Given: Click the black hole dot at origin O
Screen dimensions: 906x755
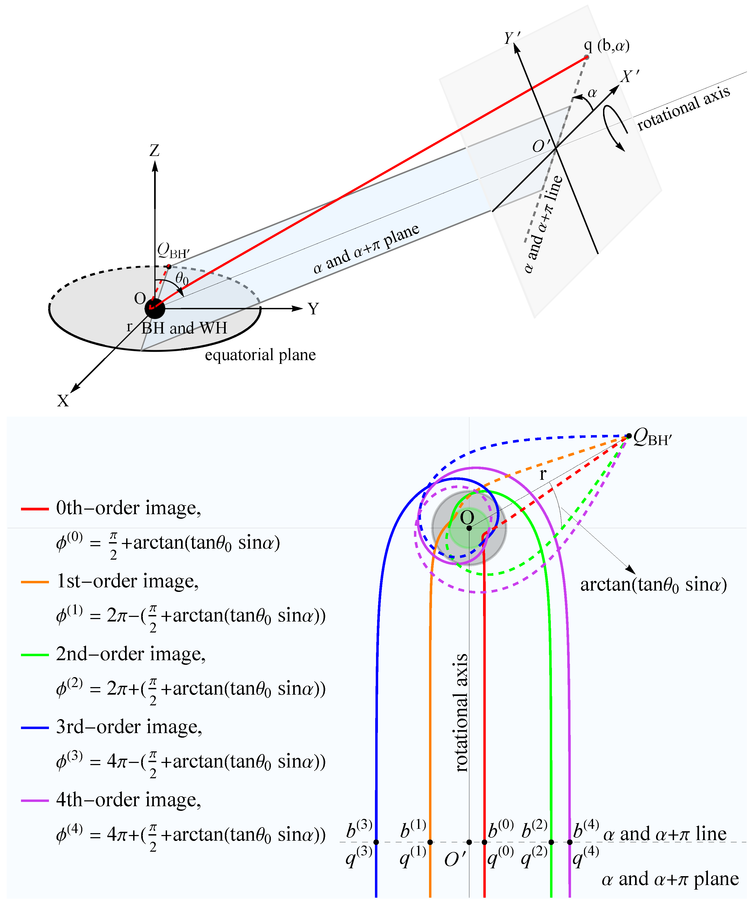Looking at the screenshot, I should [154, 308].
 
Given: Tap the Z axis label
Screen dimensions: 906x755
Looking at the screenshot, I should [154, 151].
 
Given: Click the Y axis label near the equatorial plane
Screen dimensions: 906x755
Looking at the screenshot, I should [313, 309].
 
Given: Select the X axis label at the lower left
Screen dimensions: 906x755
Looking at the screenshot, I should [63, 401].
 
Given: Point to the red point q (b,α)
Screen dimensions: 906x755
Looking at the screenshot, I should [586, 57].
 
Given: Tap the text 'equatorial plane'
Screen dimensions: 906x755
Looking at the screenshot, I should [260, 355].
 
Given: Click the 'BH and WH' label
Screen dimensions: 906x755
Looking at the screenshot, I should [184, 328].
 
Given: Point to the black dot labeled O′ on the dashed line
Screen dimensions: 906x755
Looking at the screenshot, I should [469, 842].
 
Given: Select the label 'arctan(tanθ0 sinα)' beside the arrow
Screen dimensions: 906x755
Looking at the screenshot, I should [653, 585].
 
